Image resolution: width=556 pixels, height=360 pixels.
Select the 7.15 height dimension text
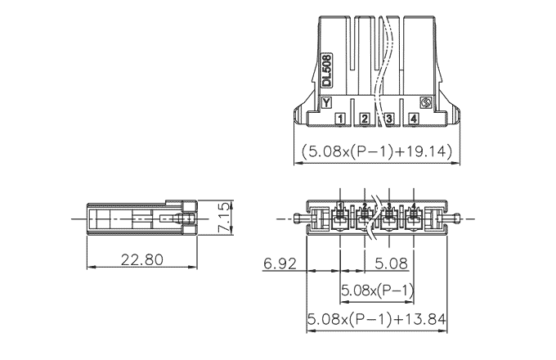pyautogui.click(x=225, y=218)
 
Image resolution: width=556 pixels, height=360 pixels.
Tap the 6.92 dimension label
pyautogui.click(x=279, y=263)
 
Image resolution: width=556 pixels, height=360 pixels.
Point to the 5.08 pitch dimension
pyautogui.click(x=392, y=263)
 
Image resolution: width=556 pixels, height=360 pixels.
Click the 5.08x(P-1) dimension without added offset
pyautogui.click(x=377, y=290)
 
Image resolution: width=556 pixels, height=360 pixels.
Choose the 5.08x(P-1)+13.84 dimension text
pyautogui.click(x=375, y=318)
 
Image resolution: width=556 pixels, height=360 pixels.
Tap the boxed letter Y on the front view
pyautogui.click(x=326, y=104)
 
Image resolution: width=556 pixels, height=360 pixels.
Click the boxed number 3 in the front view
pyautogui.click(x=390, y=119)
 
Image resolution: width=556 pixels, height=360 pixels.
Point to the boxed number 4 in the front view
pyautogui.click(x=414, y=119)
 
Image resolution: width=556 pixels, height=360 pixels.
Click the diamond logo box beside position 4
pyautogui.click(x=425, y=104)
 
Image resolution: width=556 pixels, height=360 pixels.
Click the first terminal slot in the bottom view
pyautogui.click(x=340, y=218)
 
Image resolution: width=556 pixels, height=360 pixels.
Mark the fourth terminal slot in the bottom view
pyautogui.click(x=413, y=218)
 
